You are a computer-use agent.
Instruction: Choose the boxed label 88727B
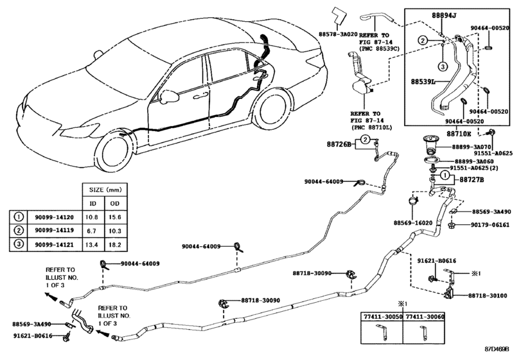pyautogui.click(x=472, y=181)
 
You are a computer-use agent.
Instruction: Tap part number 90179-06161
pyautogui.click(x=490, y=225)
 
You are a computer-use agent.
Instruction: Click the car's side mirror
pyautogui.click(x=170, y=97)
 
